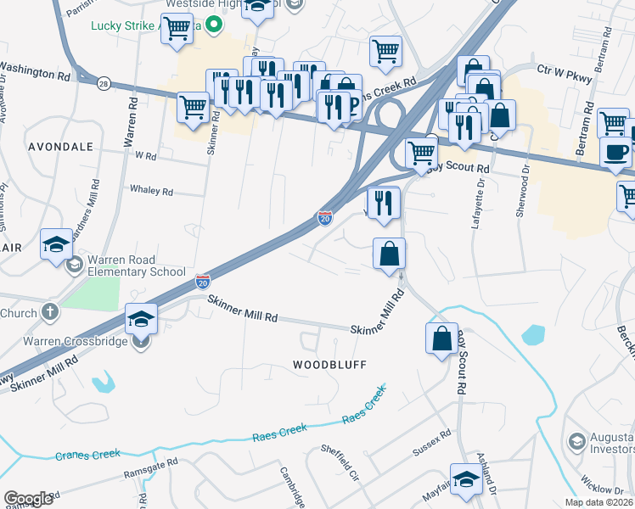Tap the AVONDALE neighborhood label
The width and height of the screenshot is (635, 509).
[60, 146]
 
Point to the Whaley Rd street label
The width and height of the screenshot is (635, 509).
[150, 191]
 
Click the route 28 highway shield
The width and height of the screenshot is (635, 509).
[103, 82]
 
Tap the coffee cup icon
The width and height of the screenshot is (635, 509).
[615, 152]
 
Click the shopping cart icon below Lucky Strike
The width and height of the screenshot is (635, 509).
[177, 28]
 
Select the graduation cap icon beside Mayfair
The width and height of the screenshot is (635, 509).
[465, 479]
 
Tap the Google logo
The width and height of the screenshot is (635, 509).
[29, 499]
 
